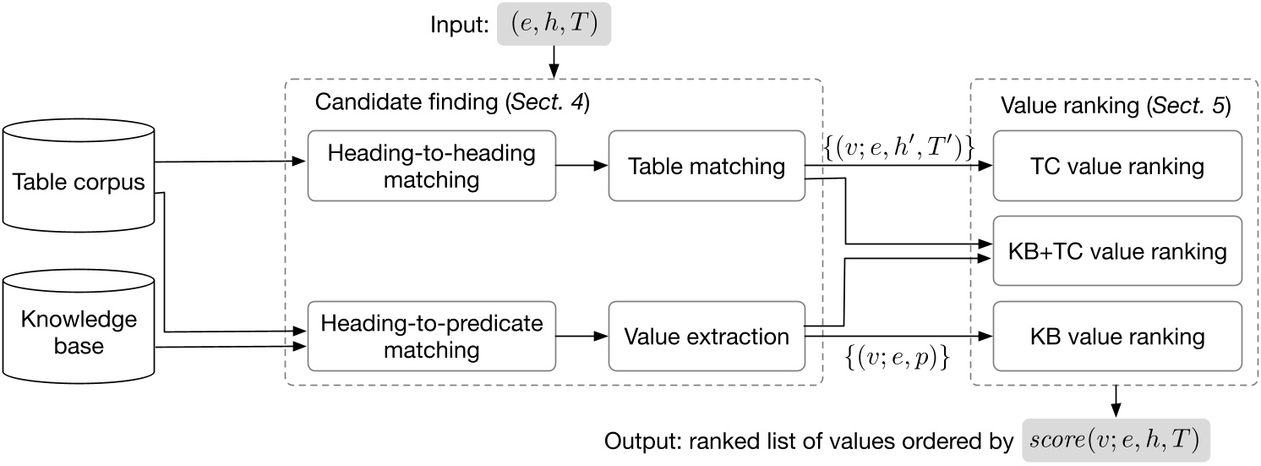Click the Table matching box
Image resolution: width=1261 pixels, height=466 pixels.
click(707, 166)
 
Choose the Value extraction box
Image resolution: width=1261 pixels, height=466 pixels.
click(707, 337)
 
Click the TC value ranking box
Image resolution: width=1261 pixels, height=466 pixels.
click(1118, 166)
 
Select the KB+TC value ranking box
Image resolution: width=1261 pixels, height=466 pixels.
click(1118, 251)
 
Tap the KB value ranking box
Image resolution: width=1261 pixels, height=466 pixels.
click(1118, 337)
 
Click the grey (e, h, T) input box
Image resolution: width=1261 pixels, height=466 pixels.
click(554, 26)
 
